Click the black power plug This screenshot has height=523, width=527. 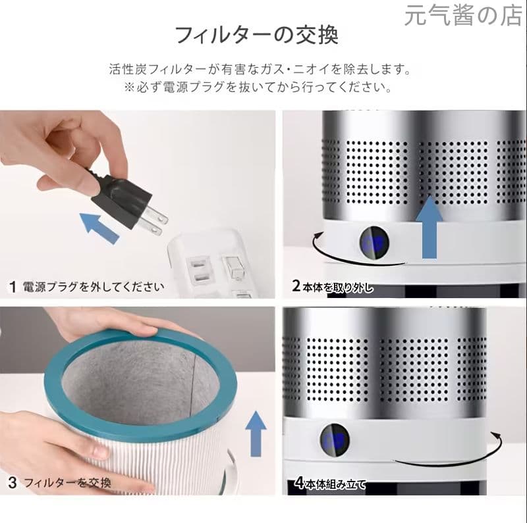(122, 196)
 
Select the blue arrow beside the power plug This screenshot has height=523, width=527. (99, 227)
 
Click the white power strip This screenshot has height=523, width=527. (211, 263)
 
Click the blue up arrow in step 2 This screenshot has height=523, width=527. (430, 227)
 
